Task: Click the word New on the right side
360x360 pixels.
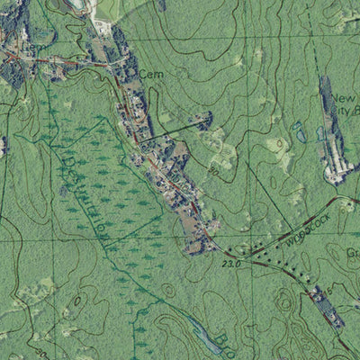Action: (x=344, y=98)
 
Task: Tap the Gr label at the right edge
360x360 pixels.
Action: (x=353, y=255)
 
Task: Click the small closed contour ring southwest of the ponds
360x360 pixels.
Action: (x=280, y=145)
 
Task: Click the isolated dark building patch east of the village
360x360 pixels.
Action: (x=199, y=118)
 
